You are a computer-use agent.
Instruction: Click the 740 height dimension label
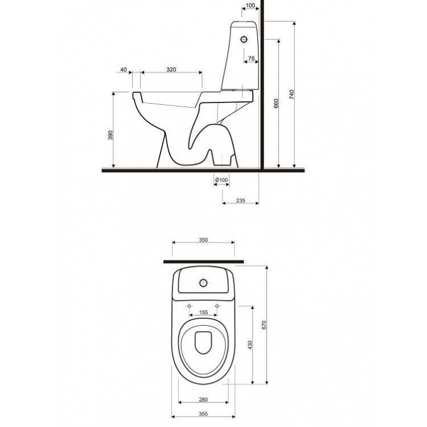(x=292, y=95)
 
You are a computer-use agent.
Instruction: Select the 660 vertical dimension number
(x=276, y=104)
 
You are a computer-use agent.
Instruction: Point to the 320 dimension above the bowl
(x=171, y=69)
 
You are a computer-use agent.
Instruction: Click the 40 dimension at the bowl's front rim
(x=124, y=69)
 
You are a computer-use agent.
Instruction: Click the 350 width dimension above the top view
(x=203, y=240)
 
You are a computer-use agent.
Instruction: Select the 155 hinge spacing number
(x=203, y=312)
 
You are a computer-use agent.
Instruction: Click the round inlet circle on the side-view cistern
(x=245, y=39)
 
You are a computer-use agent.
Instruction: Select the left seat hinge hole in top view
(x=189, y=306)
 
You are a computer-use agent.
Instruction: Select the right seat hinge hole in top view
(x=217, y=306)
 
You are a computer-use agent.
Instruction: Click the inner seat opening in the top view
(x=203, y=343)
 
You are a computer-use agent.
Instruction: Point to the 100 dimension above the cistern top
(x=249, y=6)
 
